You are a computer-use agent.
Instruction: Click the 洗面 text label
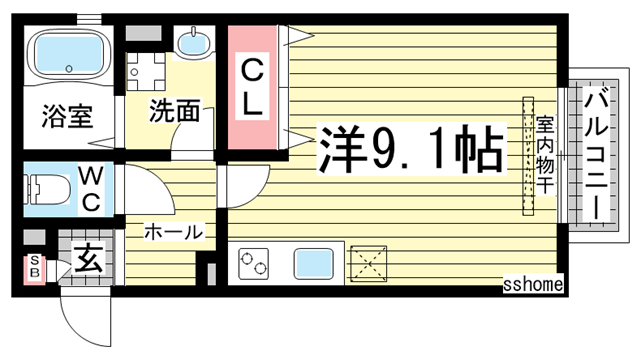point(174,112)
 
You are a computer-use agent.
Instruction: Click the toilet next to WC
point(50,188)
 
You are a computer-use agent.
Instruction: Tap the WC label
point(90,188)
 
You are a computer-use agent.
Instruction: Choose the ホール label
point(173,232)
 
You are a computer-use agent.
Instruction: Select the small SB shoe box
point(33,267)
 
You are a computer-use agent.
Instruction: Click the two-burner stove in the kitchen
point(254,264)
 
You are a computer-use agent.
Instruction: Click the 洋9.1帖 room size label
point(410,152)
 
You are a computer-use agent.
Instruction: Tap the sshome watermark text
point(533,285)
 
